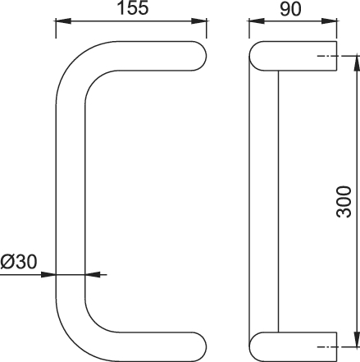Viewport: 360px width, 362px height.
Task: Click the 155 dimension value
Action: pyautogui.click(x=133, y=7)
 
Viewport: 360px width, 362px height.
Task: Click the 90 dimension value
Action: pyautogui.click(x=290, y=9)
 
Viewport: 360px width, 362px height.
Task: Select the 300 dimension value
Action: pyautogui.click(x=344, y=202)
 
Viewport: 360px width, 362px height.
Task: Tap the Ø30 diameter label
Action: pyautogui.click(x=18, y=262)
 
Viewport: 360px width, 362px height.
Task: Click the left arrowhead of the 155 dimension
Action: pyautogui.click(x=63, y=21)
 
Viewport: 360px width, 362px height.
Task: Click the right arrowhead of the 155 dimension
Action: pyautogui.click(x=198, y=21)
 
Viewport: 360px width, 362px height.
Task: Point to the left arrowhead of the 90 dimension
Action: pyautogui.click(x=257, y=21)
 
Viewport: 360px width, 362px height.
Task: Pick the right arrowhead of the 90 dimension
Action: pyautogui.click(x=329, y=21)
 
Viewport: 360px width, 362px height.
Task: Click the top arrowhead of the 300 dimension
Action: pyautogui.click(x=357, y=63)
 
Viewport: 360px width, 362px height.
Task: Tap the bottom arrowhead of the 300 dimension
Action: pyautogui.click(x=357, y=339)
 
